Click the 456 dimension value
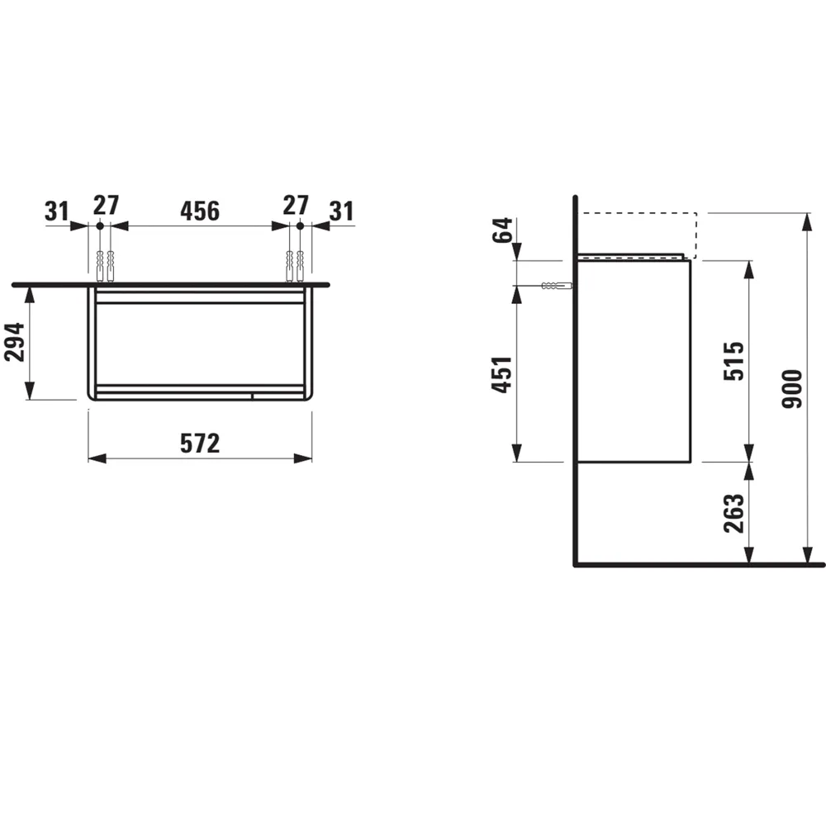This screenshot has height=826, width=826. [x=200, y=211]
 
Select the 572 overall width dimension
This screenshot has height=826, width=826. [x=200, y=444]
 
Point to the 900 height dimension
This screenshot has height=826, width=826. [x=792, y=388]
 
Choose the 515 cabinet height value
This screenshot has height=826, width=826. [x=735, y=360]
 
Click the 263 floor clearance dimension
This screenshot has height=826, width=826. [x=735, y=514]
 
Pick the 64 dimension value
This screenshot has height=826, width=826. [x=502, y=231]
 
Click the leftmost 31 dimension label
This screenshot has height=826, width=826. [x=56, y=211]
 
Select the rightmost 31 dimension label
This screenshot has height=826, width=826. [x=340, y=211]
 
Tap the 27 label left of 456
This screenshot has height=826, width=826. [x=106, y=205]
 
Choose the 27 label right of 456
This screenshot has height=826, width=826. [x=295, y=205]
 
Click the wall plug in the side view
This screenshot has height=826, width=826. [x=555, y=286]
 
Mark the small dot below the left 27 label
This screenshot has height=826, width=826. [x=99, y=225]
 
